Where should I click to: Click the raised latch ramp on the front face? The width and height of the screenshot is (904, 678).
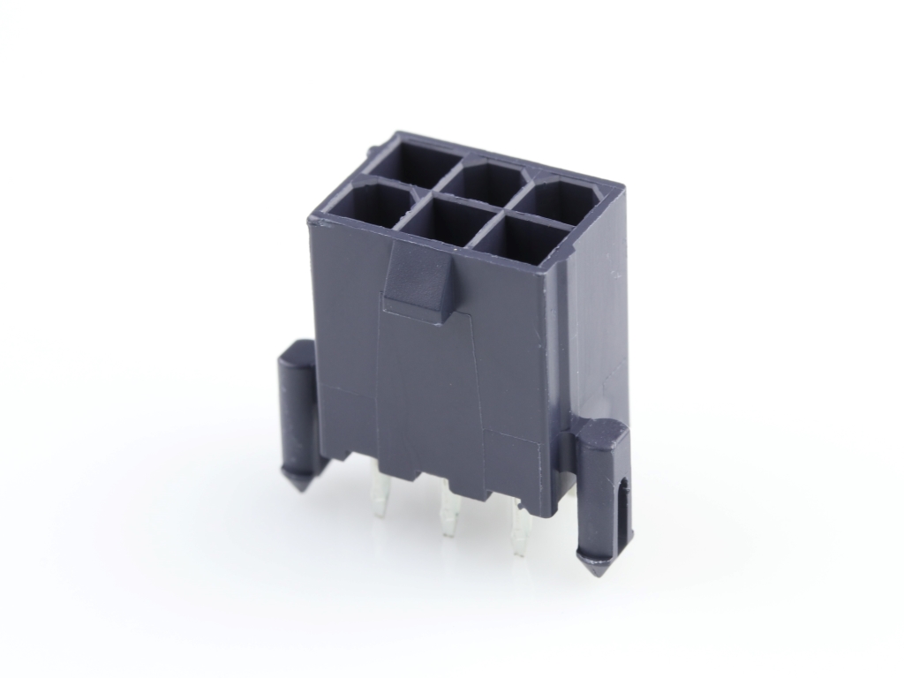click(x=416, y=281)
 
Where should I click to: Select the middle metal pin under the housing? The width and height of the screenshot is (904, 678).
click(x=450, y=515)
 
